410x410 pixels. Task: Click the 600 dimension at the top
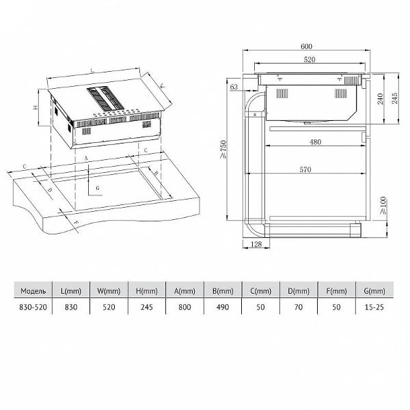(x=306, y=46)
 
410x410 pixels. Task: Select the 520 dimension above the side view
(x=310, y=59)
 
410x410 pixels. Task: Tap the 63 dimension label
(x=234, y=87)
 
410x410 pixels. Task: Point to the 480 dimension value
(x=315, y=142)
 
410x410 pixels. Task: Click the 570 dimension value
(x=305, y=169)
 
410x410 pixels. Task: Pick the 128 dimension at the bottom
(x=256, y=244)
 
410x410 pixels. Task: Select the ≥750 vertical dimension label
(x=223, y=149)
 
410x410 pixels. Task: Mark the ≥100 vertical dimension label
(x=383, y=206)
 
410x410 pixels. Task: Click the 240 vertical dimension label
(x=381, y=98)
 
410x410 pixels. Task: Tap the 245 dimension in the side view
(x=394, y=98)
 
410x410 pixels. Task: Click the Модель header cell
(x=33, y=291)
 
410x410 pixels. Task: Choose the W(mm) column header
(x=109, y=291)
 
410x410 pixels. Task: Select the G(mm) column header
(x=374, y=291)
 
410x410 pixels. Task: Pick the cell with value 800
(x=184, y=307)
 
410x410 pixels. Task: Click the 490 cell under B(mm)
(x=223, y=307)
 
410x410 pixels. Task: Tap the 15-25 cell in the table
(x=374, y=307)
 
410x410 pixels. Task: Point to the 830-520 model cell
(x=33, y=307)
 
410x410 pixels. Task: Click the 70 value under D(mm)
(x=299, y=307)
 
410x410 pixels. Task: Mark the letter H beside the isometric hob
(x=36, y=107)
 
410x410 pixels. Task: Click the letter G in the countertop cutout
(x=98, y=188)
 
